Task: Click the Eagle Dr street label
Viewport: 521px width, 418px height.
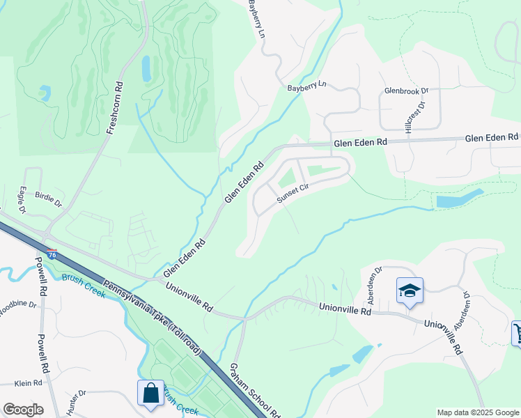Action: point(22,199)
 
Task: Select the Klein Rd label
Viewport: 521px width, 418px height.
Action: point(29,383)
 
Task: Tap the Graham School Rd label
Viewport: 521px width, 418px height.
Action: point(254,392)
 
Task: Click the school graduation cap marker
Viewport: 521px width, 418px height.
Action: point(410,292)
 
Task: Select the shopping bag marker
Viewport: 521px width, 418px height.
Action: point(151,394)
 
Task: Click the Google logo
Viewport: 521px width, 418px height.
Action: point(23,410)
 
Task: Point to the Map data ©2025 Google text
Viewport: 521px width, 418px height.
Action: point(477,413)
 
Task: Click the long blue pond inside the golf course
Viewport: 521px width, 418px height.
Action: point(146,68)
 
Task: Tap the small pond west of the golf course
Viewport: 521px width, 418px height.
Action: point(45,91)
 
